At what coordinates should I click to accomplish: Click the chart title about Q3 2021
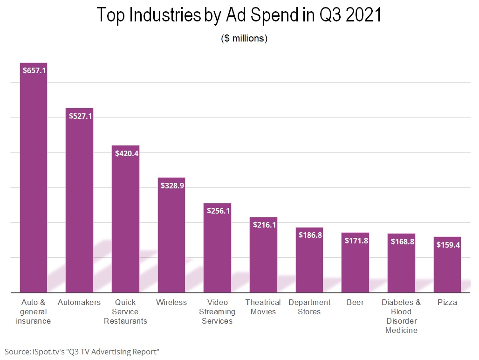coord(239,16)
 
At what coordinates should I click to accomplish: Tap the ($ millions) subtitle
coord(244,39)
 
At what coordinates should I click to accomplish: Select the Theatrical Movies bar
coord(263,256)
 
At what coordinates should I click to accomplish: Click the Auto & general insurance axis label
coord(33,312)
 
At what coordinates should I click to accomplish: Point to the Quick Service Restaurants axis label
coord(125,312)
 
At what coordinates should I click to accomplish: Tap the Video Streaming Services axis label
coord(217,312)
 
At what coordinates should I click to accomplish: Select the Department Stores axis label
coord(309,307)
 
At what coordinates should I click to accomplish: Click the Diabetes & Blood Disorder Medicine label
coord(401,316)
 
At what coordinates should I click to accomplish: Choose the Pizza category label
coord(447,302)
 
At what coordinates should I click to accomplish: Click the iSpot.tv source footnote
coord(82,351)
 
